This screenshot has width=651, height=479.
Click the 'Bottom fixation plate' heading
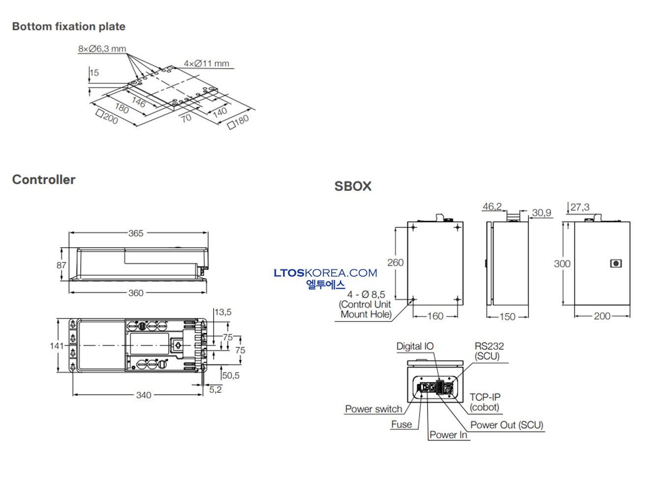pyautogui.click(x=68, y=27)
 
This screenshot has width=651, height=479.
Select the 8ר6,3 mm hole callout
pyautogui.click(x=102, y=49)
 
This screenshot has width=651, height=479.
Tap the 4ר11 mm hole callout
pyautogui.click(x=206, y=64)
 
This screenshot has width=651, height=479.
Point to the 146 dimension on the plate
pyautogui.click(x=138, y=102)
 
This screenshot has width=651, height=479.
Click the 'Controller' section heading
pyautogui.click(x=44, y=180)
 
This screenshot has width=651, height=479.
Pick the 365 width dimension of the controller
pyautogui.click(x=136, y=233)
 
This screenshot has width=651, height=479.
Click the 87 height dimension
pyautogui.click(x=61, y=265)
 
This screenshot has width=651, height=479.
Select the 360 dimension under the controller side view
pyautogui.click(x=136, y=293)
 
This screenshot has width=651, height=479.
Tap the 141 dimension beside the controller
pyautogui.click(x=57, y=346)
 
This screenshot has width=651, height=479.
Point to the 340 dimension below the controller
pyautogui.click(x=144, y=395)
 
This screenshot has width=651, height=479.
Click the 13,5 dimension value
pyautogui.click(x=222, y=312)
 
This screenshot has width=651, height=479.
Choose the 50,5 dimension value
pyautogui.click(x=230, y=376)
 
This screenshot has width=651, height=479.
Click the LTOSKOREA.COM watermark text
pyautogui.click(x=325, y=273)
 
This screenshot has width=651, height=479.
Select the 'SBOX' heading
pyautogui.click(x=353, y=186)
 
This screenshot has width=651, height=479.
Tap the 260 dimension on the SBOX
pyautogui.click(x=395, y=262)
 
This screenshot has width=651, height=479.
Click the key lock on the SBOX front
pyautogui.click(x=616, y=263)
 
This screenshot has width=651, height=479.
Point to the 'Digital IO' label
pyautogui.click(x=415, y=346)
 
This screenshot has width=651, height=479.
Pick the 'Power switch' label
pyautogui.click(x=373, y=409)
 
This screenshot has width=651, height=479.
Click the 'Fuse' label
pyautogui.click(x=402, y=424)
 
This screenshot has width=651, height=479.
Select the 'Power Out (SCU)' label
pyautogui.click(x=507, y=425)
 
